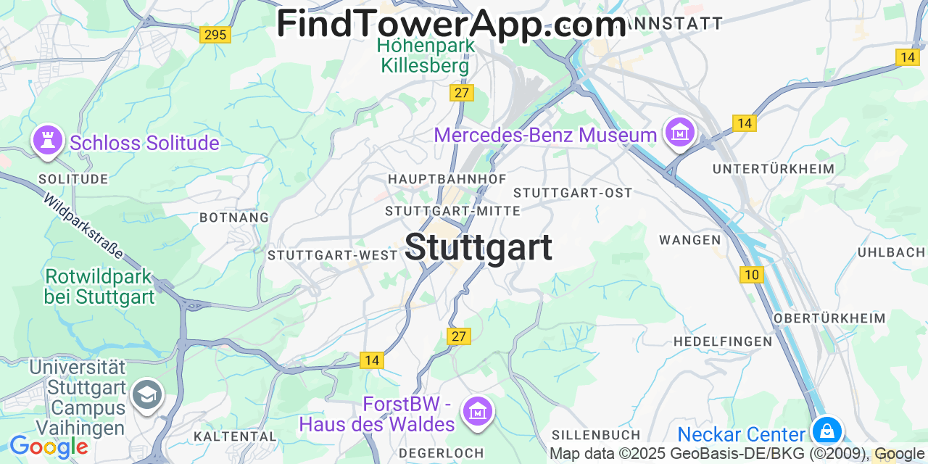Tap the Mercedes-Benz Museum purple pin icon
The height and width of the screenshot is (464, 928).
tap(681, 132)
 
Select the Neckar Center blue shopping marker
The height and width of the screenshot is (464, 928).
tap(826, 431)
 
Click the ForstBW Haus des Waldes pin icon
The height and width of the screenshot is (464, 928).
tap(477, 410)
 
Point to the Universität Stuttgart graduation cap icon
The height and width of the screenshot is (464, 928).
tap(148, 394)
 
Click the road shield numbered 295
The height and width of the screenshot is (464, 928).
tap(215, 34)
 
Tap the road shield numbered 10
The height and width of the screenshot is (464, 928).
tap(752, 275)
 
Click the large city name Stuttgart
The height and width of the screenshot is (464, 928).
tap(478, 247)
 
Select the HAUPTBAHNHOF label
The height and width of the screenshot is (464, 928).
tap(447, 178)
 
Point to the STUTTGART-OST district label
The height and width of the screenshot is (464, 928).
tap(573, 193)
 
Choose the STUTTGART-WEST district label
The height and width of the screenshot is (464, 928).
tap(333, 255)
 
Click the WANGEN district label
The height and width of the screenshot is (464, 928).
tap(689, 239)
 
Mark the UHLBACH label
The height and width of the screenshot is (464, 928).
tap(891, 252)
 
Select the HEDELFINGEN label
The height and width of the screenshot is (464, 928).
tap(723, 341)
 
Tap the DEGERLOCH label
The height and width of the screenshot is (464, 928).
tap(441, 453)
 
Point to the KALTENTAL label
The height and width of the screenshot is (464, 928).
tap(235, 436)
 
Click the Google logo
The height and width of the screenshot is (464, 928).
tap(48, 447)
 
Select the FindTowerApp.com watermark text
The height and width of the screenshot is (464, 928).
tap(451, 24)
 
